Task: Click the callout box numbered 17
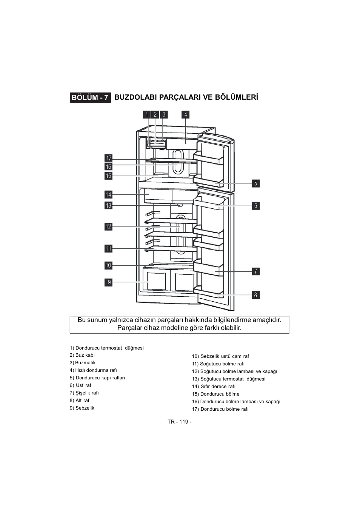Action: tap(109, 158)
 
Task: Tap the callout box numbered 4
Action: tap(185, 114)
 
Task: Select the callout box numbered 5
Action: tap(256, 183)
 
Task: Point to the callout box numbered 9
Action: tap(109, 282)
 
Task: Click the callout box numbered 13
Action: tap(109, 206)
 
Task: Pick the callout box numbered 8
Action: tap(256, 295)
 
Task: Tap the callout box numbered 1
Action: tap(147, 114)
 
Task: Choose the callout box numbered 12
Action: tap(109, 226)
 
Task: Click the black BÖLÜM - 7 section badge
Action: tap(90, 98)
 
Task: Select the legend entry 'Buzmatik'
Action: tap(83, 362)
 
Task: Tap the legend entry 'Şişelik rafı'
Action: tap(84, 393)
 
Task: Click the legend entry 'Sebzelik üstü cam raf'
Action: tap(220, 356)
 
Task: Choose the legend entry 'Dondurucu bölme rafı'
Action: tap(220, 409)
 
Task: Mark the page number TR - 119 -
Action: tap(180, 422)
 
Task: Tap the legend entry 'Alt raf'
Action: tap(79, 400)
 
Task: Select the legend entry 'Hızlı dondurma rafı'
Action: tap(93, 370)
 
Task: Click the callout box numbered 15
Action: tap(109, 176)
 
